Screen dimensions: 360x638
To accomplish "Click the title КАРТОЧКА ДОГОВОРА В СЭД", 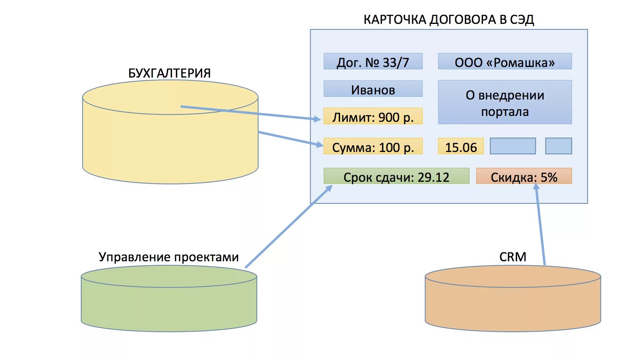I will coord(448,20).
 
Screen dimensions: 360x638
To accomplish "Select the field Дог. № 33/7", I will coord(373,62).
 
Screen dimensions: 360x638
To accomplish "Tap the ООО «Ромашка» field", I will coord(504,62).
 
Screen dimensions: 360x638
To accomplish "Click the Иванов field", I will coord(373,89).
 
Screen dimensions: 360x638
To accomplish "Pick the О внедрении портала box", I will coord(504,103).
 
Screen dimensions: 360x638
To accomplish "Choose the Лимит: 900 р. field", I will coord(373,116).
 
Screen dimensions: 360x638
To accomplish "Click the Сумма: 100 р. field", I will coord(373,147).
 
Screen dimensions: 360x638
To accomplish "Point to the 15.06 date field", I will coord(461,147).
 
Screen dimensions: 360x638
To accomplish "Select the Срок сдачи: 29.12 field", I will coord(396,176).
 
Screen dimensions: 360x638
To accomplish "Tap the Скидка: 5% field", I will coord(524,176).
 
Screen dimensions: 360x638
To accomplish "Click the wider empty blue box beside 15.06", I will coord(513,146).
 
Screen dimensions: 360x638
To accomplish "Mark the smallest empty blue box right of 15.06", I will coord(558,146).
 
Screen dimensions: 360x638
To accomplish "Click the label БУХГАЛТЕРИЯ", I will coord(169,73).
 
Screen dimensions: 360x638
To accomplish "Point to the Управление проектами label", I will coord(168,257).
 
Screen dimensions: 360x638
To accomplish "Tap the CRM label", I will coord(513,257).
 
